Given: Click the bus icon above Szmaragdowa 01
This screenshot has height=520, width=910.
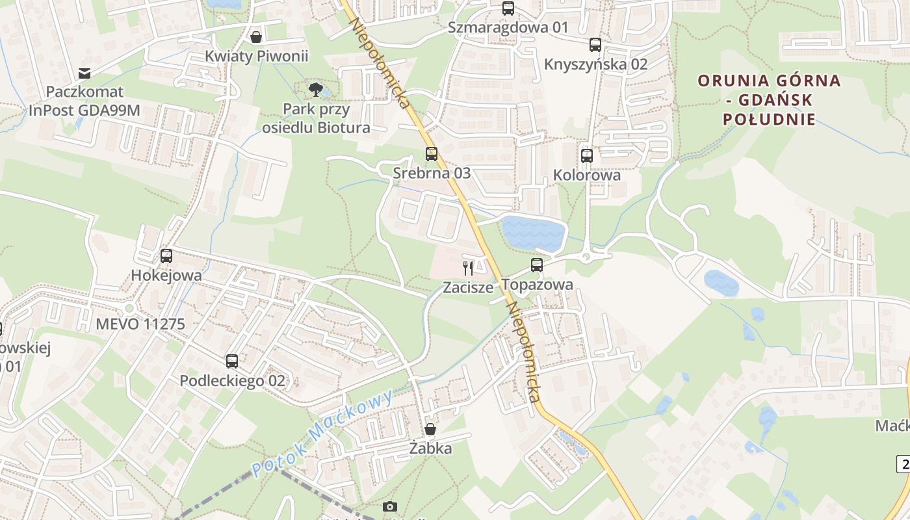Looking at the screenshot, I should pos(508,8).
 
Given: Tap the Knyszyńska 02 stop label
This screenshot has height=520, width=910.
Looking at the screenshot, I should pos(595,64).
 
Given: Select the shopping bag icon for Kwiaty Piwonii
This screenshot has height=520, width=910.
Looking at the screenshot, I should pos(256,36).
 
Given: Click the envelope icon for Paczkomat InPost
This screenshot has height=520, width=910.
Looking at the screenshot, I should pos(84,73).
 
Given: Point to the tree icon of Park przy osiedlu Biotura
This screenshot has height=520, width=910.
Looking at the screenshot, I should pos(316,89).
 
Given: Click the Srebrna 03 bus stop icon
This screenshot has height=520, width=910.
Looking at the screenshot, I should pos(432,154).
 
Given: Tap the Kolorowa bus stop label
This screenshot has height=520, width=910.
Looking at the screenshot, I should pos(587,175).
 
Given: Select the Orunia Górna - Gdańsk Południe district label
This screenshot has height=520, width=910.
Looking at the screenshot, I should pos(769,100).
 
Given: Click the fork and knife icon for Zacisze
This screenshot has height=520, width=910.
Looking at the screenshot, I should pos(468,267).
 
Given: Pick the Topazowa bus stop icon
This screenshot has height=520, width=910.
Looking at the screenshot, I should pos(536,265).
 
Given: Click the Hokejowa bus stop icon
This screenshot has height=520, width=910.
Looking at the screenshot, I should pos(166,256).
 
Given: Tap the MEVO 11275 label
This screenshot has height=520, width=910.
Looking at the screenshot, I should pos(140,324).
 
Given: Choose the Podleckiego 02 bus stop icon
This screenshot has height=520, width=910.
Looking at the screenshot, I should pos(232,361).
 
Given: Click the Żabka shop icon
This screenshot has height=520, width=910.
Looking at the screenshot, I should pos(430,429).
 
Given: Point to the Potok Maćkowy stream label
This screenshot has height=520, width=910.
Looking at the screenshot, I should pos(323,434).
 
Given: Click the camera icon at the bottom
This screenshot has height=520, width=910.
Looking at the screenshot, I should pos(390,506).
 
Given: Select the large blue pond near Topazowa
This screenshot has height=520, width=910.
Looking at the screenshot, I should pos(533,234).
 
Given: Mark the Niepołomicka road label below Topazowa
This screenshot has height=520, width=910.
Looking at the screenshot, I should pos(523,351).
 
